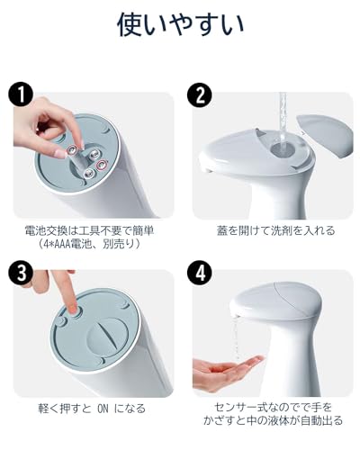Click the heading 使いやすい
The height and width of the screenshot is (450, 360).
(x=180, y=24)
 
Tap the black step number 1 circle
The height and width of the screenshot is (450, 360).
(x=21, y=94)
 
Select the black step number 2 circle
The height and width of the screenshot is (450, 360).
(x=200, y=94)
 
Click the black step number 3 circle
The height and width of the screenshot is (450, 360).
(x=21, y=273)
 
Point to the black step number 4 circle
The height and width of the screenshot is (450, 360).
(x=200, y=273)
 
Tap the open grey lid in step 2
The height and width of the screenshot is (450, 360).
(x=325, y=135)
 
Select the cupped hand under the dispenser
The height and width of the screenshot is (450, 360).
(x=227, y=372)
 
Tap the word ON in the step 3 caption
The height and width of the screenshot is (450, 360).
(x=103, y=409)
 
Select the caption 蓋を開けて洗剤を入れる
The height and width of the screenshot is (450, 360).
(x=275, y=230)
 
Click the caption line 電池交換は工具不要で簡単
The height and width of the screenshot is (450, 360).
(x=89, y=230)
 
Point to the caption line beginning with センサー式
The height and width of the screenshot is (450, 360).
(x=273, y=408)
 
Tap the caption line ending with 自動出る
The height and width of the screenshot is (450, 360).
(x=273, y=420)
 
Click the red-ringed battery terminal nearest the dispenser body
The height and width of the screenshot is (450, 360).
(x=102, y=165)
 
